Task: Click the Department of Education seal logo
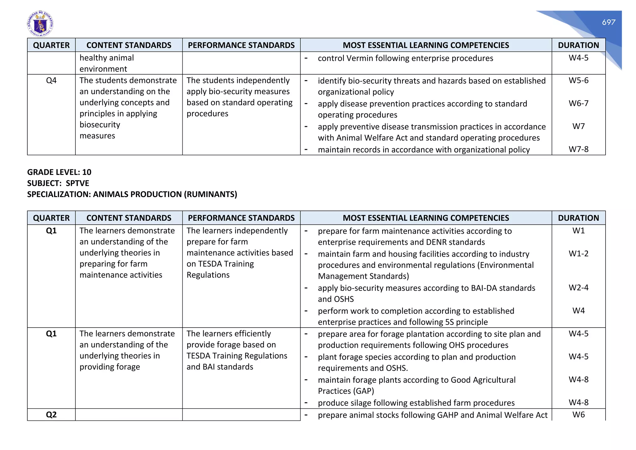[40, 24]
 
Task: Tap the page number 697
[608, 22]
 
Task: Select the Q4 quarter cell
[51, 80]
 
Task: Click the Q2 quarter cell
[51, 415]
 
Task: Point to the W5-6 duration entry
[578, 80]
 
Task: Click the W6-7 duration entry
[578, 103]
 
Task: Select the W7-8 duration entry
[578, 149]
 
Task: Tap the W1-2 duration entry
[578, 254]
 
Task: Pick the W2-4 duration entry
[578, 288]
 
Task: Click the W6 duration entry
[578, 415]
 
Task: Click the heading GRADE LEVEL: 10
[59, 172]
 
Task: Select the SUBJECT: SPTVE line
[58, 183]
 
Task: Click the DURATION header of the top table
[578, 45]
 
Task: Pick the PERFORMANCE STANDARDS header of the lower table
[241, 218]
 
